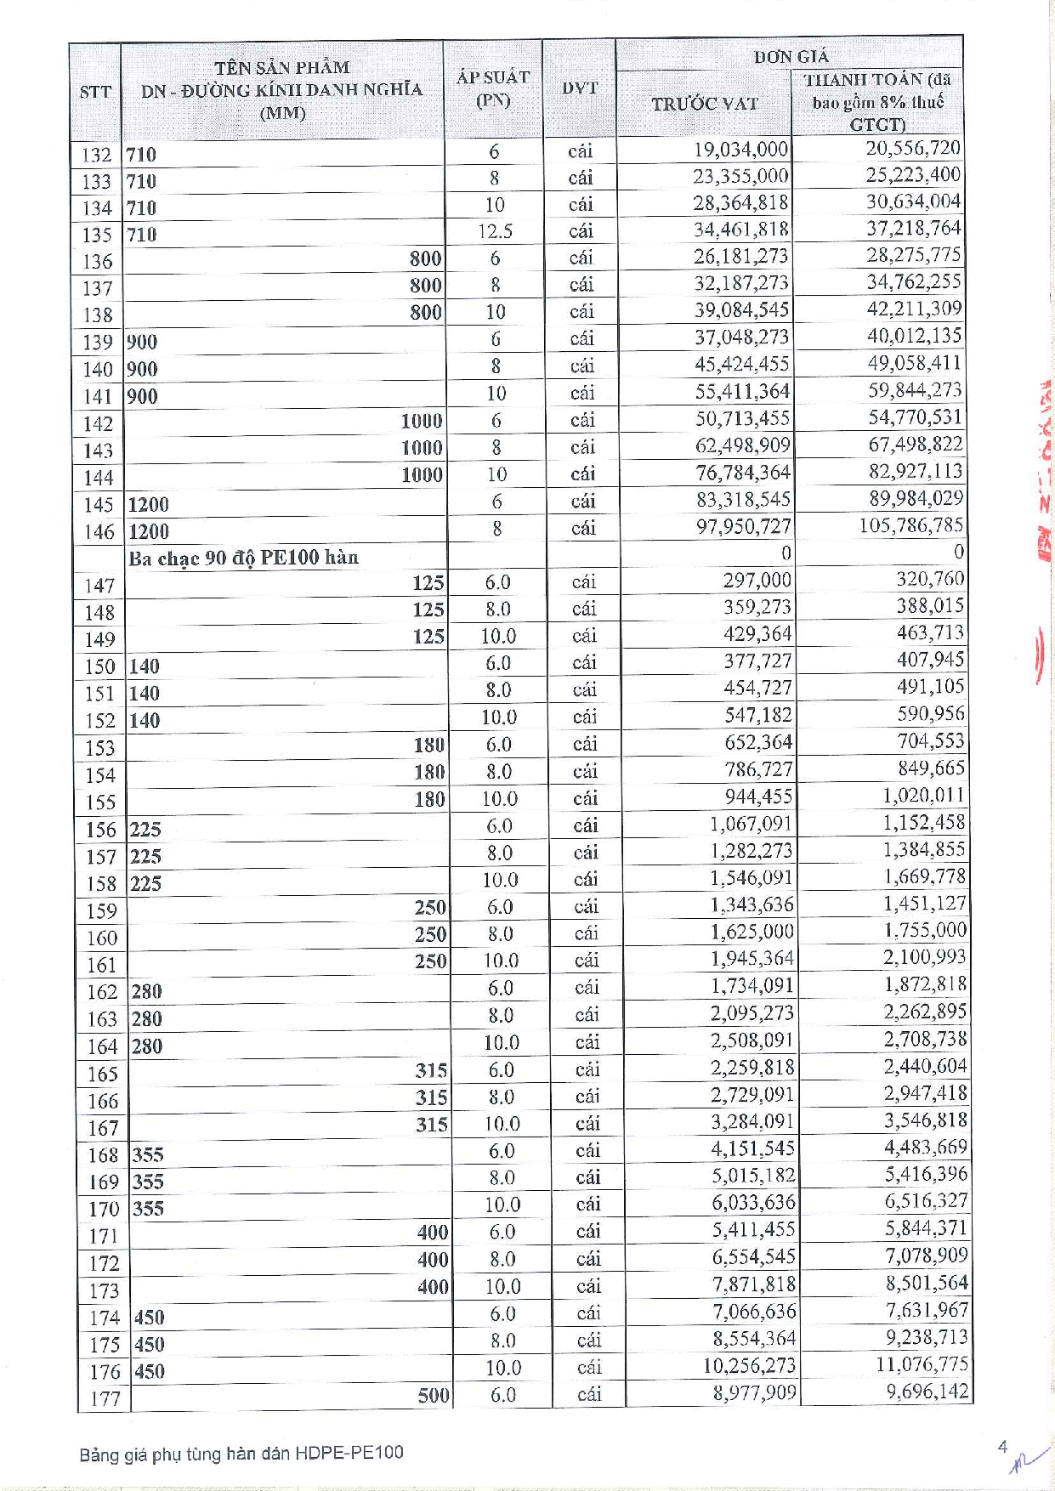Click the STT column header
click(x=95, y=91)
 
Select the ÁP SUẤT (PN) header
click(x=493, y=88)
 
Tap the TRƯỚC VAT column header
click(x=704, y=104)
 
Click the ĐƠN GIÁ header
click(x=791, y=57)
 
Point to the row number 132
click(x=97, y=155)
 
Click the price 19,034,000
click(x=741, y=150)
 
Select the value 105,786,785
click(x=910, y=525)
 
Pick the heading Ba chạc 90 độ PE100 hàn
click(x=244, y=558)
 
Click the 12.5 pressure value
click(x=495, y=231)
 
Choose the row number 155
click(x=100, y=802)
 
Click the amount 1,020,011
click(x=923, y=795)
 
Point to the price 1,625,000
click(x=752, y=932)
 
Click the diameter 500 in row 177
click(x=433, y=1395)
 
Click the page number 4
click(x=1003, y=1447)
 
